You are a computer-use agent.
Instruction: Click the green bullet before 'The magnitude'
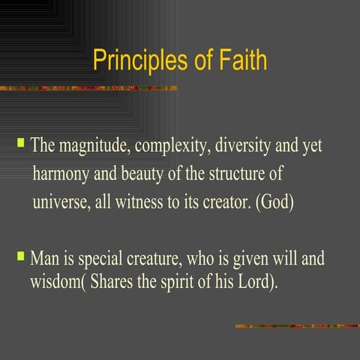coord(22,141)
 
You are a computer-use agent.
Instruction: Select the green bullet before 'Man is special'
coord(22,256)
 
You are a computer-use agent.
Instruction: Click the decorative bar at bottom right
coord(297,325)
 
